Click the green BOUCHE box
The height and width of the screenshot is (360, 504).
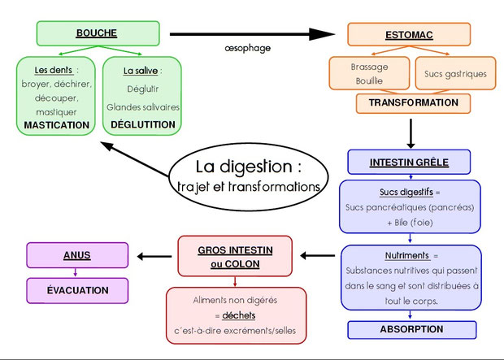97,33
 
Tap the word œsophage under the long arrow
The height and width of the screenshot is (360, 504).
247,49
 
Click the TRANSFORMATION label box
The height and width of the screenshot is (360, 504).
413,103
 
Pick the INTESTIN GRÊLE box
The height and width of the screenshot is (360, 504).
410,162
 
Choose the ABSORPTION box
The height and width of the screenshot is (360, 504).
411,329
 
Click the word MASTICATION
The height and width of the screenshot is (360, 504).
57,125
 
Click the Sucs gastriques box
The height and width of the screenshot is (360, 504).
455,74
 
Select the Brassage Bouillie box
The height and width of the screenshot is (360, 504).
369,74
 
